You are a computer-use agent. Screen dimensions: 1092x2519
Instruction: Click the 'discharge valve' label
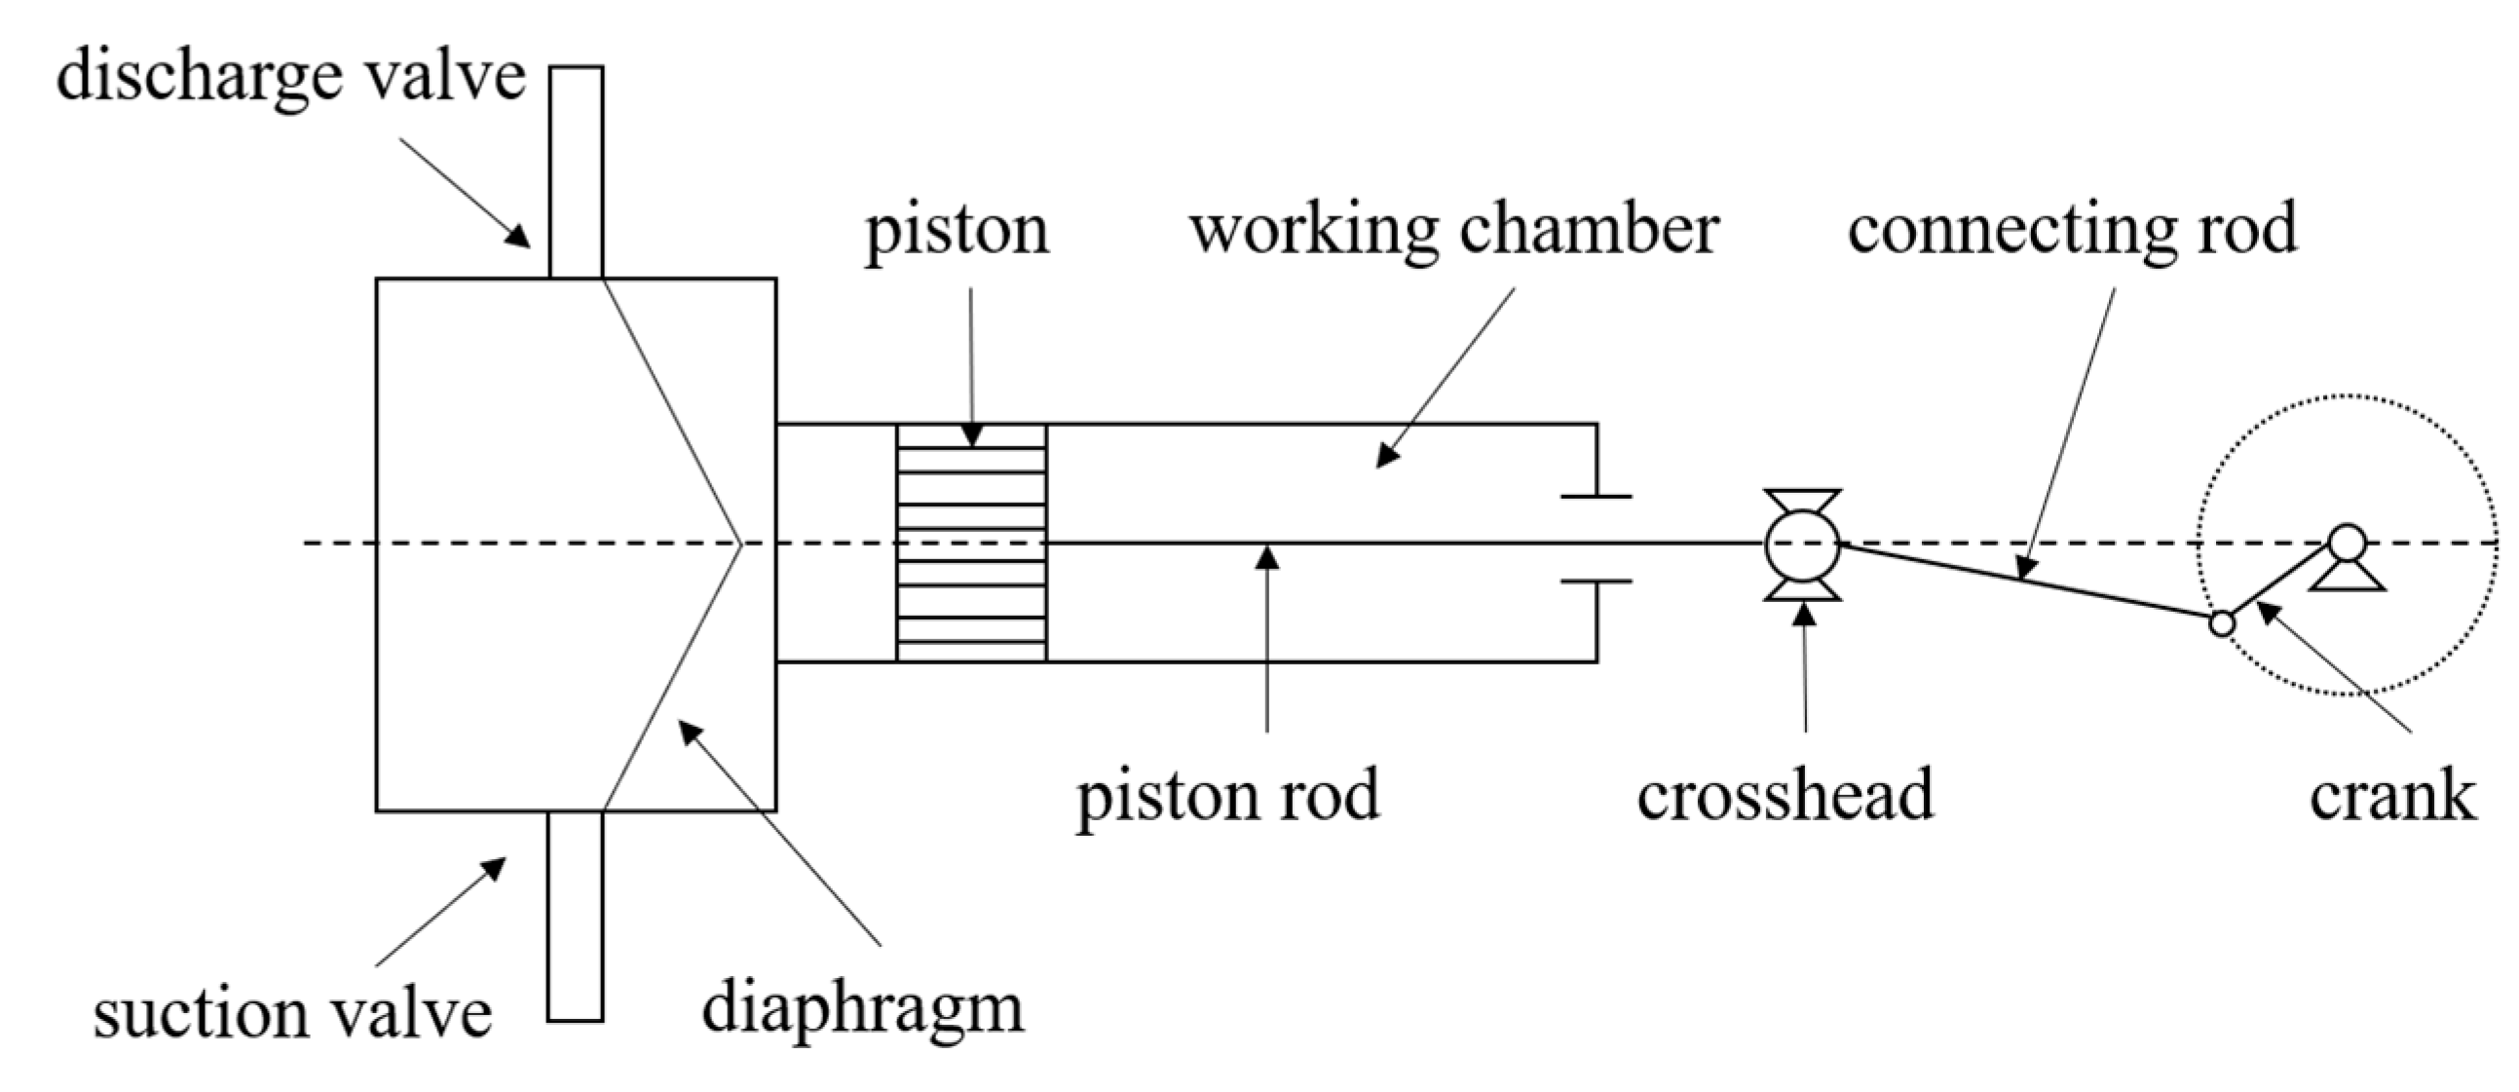point(290,77)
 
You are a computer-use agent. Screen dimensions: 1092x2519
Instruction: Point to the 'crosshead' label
point(1785,794)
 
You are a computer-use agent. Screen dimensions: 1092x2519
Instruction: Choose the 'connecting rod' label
point(2071,229)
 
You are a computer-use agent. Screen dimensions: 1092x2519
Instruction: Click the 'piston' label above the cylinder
point(957,231)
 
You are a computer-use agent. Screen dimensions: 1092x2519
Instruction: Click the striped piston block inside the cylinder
point(971,544)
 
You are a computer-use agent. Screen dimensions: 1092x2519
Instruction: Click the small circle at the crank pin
point(2222,622)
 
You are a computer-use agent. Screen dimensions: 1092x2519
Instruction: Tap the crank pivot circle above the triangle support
point(2347,542)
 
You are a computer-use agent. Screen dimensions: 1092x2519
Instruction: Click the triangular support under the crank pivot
point(2347,577)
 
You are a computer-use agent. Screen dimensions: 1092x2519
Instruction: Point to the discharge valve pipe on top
point(575,171)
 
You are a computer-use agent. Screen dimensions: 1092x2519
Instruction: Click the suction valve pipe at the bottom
point(575,916)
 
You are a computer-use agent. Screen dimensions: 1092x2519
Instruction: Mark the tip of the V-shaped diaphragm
point(740,544)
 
